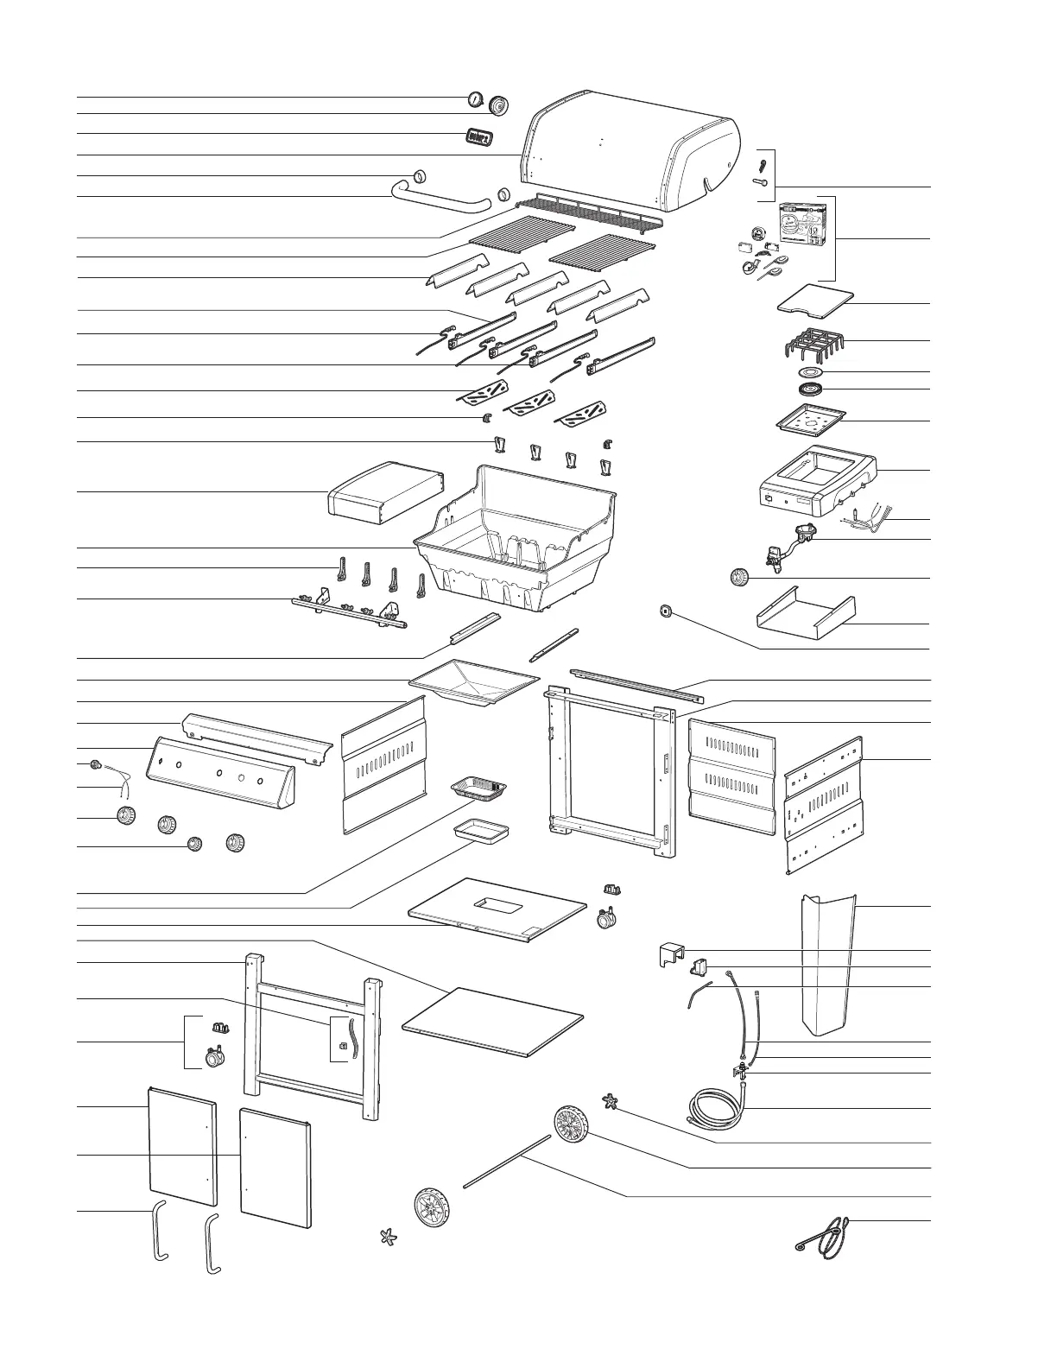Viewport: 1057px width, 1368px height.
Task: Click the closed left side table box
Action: [383, 493]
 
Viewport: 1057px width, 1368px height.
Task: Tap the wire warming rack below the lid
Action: [587, 212]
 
